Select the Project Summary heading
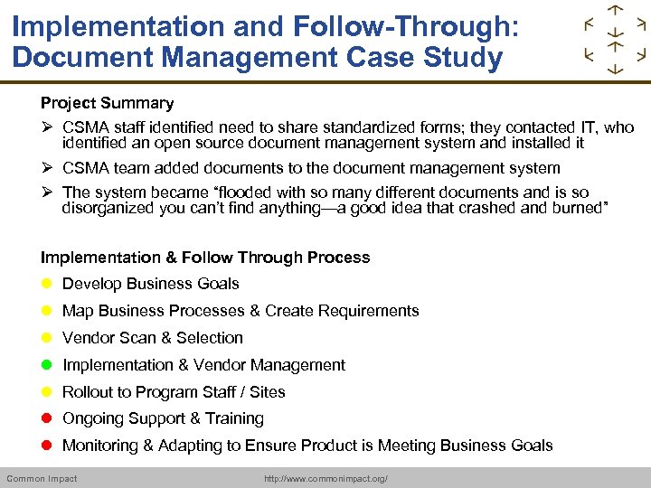click(107, 103)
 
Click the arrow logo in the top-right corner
click(615, 39)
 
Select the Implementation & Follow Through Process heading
click(205, 258)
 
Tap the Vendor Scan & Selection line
click(152, 338)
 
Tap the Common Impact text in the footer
click(42, 478)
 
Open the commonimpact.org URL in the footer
click(325, 478)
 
